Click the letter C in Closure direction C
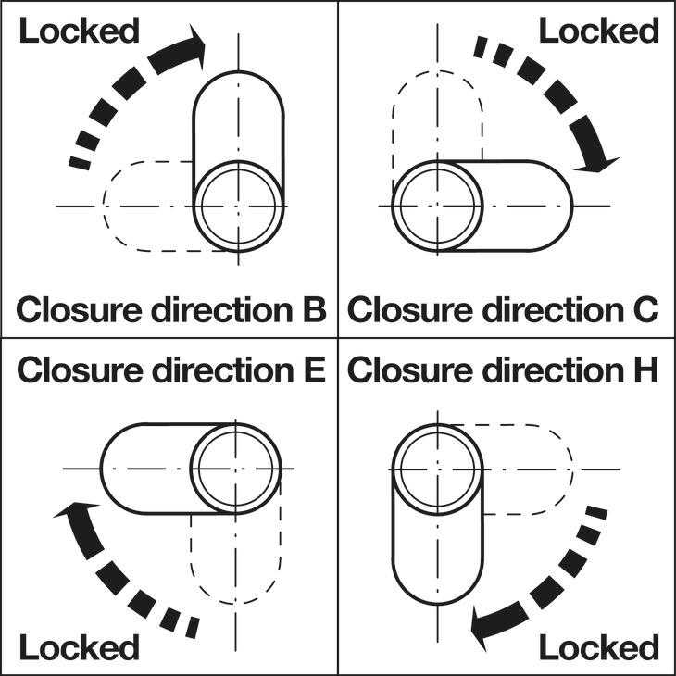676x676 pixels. [x=645, y=307]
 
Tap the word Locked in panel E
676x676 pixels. [x=79, y=647]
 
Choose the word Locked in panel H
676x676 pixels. [x=598, y=647]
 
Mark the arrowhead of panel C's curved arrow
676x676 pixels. [x=596, y=160]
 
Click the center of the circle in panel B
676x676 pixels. [x=239, y=205]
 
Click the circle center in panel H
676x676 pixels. [x=437, y=468]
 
